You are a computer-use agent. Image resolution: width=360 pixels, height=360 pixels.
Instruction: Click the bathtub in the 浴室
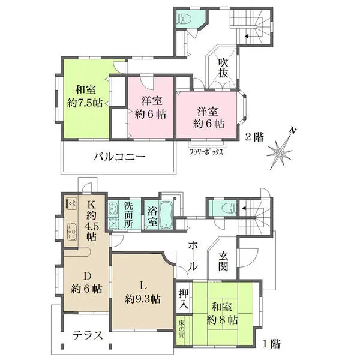pos(167,215)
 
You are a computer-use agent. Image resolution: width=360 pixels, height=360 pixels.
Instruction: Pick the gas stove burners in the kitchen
pos(71,203)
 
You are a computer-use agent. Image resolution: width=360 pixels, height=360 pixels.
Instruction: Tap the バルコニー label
pos(119,157)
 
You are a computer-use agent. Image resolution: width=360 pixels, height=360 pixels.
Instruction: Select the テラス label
pos(88,335)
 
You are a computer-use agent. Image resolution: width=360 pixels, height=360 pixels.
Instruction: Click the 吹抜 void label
pos(223,68)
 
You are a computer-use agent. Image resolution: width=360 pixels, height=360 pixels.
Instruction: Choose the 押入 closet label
pos(184,299)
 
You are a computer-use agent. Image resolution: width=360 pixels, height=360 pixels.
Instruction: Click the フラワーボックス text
pos(206,152)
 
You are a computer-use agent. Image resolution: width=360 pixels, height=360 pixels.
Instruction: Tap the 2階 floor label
pos(254,137)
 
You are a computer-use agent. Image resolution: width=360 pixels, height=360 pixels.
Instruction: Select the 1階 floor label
pos(272,344)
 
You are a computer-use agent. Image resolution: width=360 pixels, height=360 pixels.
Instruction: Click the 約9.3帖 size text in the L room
pos(143,299)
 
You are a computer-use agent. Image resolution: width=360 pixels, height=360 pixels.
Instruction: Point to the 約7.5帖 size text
pos(85,103)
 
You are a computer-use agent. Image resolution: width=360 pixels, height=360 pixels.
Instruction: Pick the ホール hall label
pos(193,256)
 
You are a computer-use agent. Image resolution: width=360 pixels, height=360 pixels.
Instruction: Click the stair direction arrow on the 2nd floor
pos(247,36)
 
